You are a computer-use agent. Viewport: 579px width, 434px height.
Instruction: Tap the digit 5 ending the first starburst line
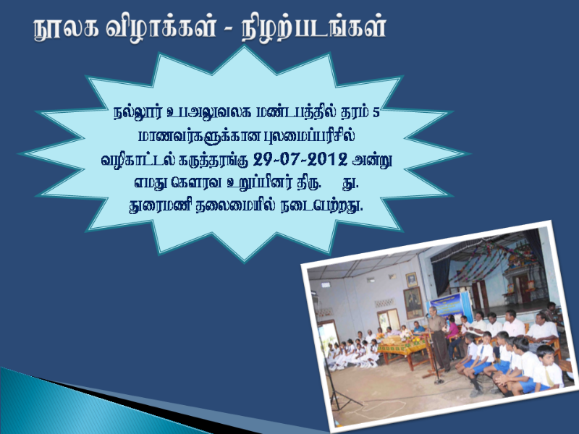[376, 113]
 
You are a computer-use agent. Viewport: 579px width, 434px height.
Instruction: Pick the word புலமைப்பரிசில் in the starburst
[310, 136]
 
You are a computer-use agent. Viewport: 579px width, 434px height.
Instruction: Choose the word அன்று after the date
[372, 160]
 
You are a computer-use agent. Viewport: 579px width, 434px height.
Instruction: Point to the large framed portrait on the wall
[413, 303]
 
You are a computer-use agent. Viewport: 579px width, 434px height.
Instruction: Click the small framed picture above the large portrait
[411, 280]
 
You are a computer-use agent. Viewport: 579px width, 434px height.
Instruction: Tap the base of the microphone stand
[439, 381]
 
